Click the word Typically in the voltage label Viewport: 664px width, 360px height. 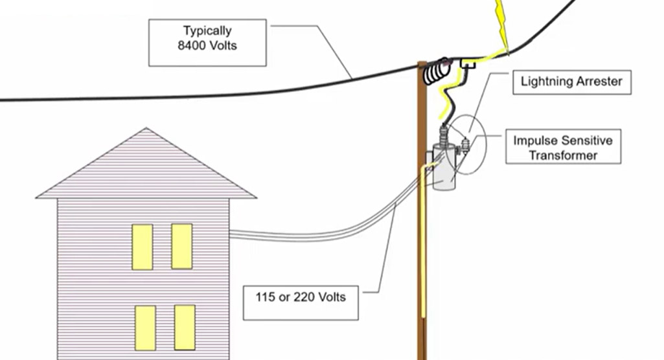(207, 31)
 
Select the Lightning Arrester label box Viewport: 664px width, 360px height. (571, 82)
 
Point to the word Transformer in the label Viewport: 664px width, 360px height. (563, 155)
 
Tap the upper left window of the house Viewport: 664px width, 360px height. (143, 247)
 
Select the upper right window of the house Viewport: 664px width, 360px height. (181, 246)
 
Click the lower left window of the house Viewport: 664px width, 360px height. (145, 328)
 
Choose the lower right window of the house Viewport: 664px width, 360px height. (185, 328)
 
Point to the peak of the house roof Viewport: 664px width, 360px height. (146, 128)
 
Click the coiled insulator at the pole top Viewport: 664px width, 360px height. (437, 71)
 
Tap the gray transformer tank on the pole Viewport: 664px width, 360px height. (444, 168)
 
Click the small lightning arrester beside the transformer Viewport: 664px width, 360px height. (466, 144)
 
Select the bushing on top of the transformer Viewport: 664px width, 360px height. (443, 135)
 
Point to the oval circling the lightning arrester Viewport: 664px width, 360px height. (466, 144)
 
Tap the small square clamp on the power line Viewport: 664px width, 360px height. (468, 64)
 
